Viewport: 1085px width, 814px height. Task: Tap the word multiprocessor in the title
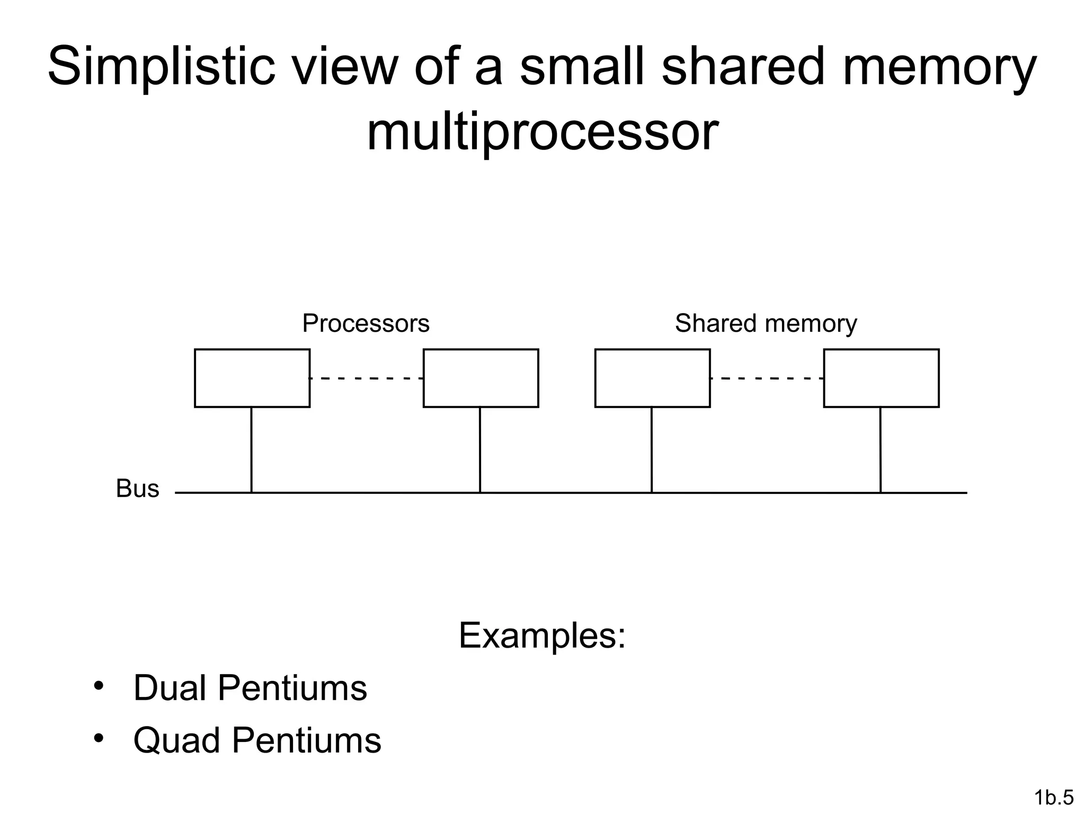pyautogui.click(x=542, y=132)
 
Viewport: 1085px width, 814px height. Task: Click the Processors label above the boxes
pyautogui.click(x=366, y=323)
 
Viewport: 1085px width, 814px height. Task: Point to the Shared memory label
pyautogui.click(x=766, y=323)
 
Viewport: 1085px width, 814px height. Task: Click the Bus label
pyautogui.click(x=137, y=489)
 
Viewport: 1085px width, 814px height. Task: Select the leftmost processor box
pyautogui.click(x=252, y=378)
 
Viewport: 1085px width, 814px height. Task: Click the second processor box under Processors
pyautogui.click(x=481, y=378)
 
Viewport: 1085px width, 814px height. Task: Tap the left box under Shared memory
pyautogui.click(x=652, y=378)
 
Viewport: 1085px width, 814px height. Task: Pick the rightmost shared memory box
pyautogui.click(x=881, y=378)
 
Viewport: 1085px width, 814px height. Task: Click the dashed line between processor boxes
pyautogui.click(x=367, y=378)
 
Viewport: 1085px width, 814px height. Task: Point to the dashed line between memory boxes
pyautogui.click(x=767, y=378)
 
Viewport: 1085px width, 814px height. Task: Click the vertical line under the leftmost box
pyautogui.click(x=252, y=450)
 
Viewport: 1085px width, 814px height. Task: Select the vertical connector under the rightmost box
pyautogui.click(x=881, y=450)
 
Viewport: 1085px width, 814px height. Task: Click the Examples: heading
pyautogui.click(x=542, y=635)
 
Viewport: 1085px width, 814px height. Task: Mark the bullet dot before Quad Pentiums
pyautogui.click(x=98, y=738)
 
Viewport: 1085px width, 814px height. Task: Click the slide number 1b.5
pyautogui.click(x=1054, y=797)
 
